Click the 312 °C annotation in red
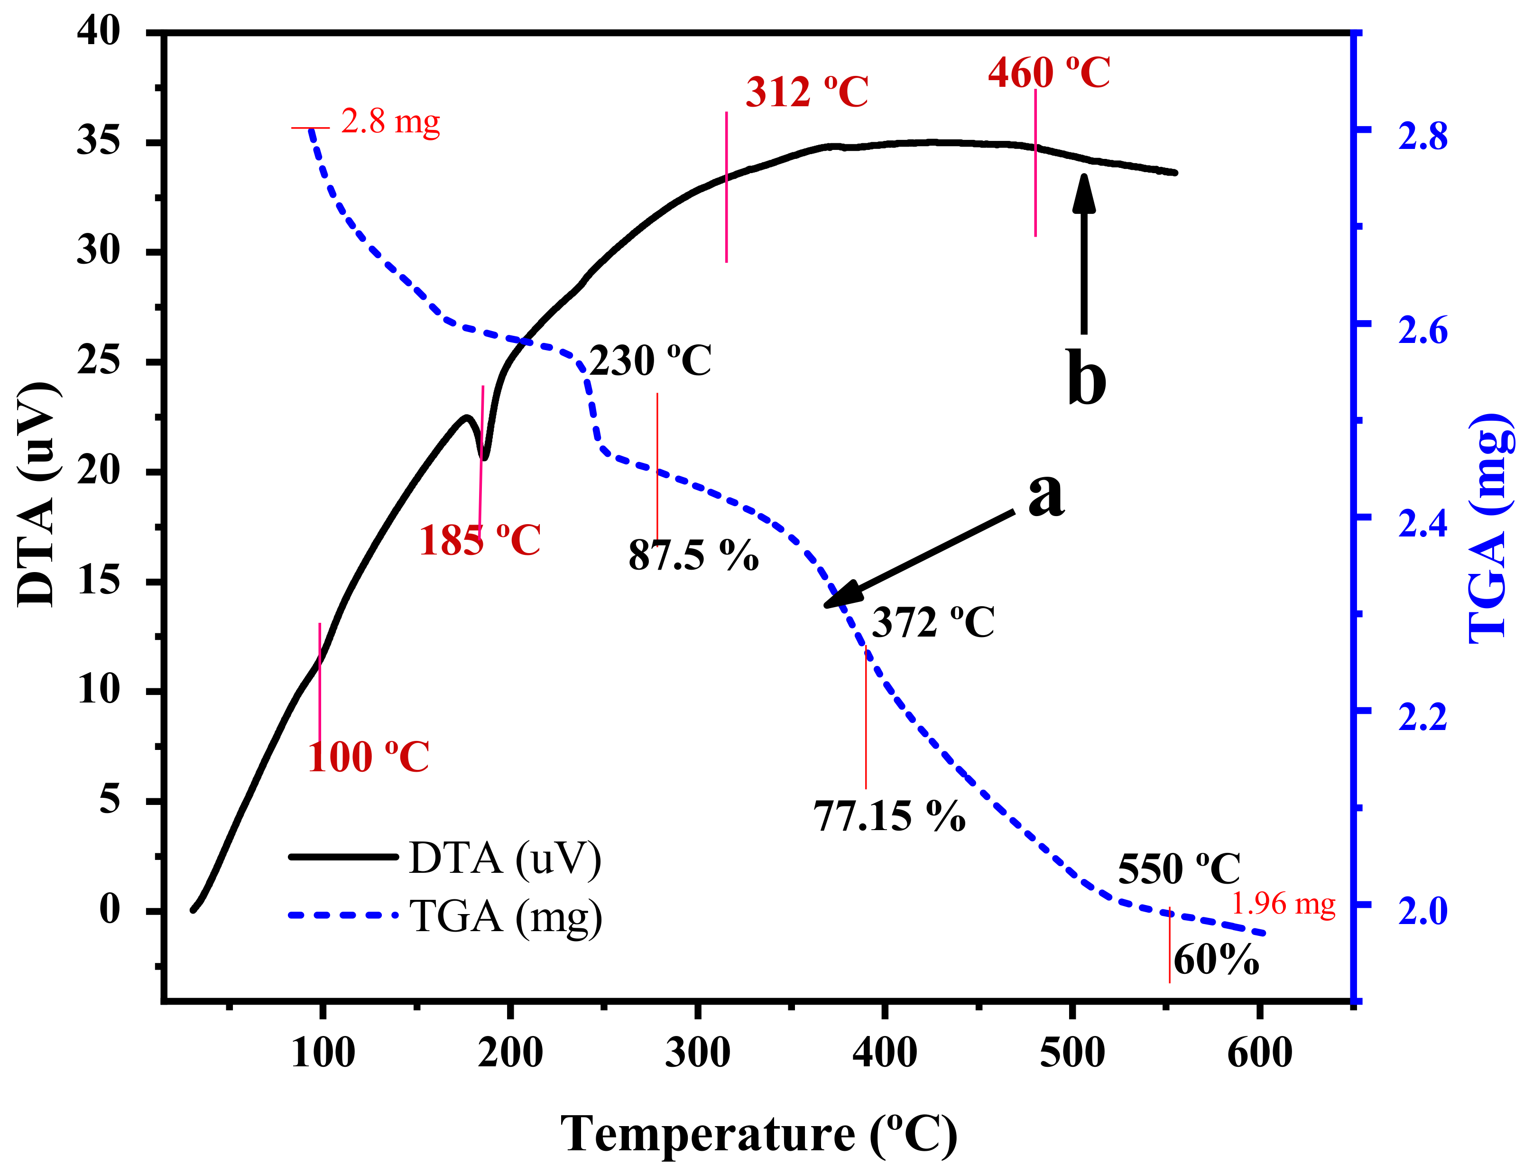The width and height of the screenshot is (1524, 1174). [x=807, y=92]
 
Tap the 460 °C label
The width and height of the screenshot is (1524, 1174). [x=1048, y=73]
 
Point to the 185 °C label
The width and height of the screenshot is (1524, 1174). [x=480, y=541]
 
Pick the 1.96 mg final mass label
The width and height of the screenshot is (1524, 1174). [x=1283, y=904]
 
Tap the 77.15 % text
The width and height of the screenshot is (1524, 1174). [x=889, y=816]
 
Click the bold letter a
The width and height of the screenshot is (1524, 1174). [x=1046, y=494]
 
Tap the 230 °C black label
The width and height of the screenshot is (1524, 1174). [x=650, y=361]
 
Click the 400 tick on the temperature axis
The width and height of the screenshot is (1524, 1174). [x=884, y=1053]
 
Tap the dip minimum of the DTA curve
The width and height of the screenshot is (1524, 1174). [x=485, y=457]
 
